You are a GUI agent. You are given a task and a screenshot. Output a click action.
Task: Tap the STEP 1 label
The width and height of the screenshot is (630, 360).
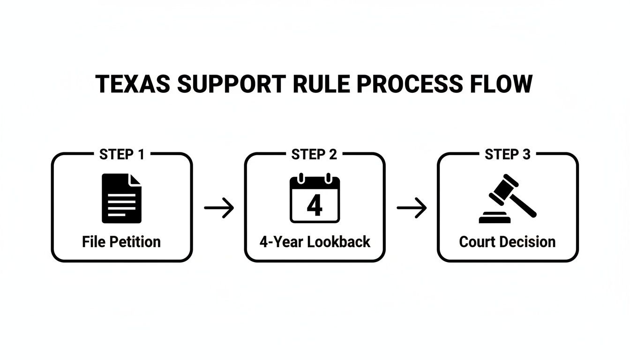(122, 155)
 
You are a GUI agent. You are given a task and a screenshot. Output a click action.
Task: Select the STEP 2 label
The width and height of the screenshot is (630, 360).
(315, 155)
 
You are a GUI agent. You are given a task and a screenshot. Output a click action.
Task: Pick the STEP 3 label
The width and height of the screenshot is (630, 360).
(508, 155)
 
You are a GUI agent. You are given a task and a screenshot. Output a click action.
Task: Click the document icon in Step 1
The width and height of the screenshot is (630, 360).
(121, 198)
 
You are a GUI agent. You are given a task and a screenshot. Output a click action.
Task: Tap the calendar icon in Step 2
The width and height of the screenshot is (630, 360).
(315, 198)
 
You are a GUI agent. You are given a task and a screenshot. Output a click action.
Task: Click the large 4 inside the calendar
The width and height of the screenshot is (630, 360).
(315, 205)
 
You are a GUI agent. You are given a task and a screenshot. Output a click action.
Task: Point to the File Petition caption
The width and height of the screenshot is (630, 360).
(121, 242)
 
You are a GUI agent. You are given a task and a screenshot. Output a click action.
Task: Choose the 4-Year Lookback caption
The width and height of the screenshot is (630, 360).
(315, 242)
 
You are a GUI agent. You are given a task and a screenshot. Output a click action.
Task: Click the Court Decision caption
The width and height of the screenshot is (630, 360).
(508, 242)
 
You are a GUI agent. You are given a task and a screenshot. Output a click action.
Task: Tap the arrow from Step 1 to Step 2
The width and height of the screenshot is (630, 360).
(219, 208)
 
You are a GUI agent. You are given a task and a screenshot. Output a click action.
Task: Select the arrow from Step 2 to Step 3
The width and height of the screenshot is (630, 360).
(412, 208)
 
